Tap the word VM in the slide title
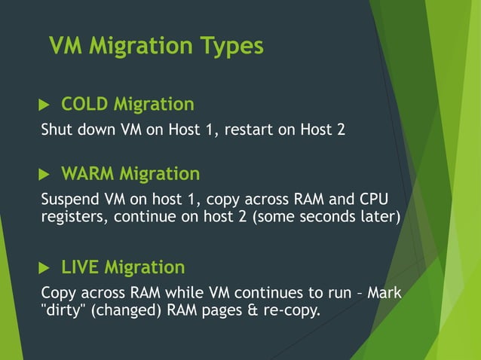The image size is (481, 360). pos(66,46)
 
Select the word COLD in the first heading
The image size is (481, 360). pos(84,104)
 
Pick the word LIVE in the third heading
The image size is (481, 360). pos(80,267)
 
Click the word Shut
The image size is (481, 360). pos(55,129)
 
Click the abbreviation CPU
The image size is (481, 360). pos(376,200)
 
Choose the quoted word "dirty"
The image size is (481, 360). pos(63,310)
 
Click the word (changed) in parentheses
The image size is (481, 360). pos(123,310)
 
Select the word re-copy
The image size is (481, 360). pos(293,310)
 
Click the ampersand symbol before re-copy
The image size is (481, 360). pos(256,310)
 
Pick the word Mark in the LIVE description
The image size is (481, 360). pos(385,293)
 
